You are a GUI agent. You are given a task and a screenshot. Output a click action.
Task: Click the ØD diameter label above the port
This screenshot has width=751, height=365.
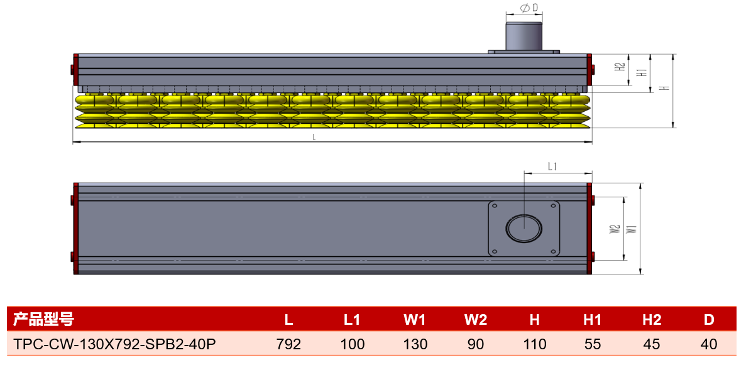525,8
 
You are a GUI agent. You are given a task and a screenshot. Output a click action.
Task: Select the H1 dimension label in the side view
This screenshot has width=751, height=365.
644,72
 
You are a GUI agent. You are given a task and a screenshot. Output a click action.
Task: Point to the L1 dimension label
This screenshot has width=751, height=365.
552,166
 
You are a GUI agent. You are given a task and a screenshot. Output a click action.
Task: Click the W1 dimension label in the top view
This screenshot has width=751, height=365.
633,229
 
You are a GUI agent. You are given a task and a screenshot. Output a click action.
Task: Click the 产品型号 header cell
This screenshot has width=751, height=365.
43,319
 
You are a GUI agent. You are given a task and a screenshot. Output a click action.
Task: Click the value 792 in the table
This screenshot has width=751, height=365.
289,344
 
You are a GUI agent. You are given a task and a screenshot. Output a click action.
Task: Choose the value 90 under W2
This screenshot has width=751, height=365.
476,344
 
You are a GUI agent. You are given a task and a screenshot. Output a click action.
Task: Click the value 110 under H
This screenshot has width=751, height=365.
534,344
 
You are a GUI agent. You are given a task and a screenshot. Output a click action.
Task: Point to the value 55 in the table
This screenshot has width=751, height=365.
593,344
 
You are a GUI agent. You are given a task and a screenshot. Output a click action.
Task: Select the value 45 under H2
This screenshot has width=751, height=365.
651,344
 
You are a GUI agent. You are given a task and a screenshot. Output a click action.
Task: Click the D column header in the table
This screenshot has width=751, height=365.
710,320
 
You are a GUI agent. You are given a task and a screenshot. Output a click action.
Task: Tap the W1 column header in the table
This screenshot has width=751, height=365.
415,320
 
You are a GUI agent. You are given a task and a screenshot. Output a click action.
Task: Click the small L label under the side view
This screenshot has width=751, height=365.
314,136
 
